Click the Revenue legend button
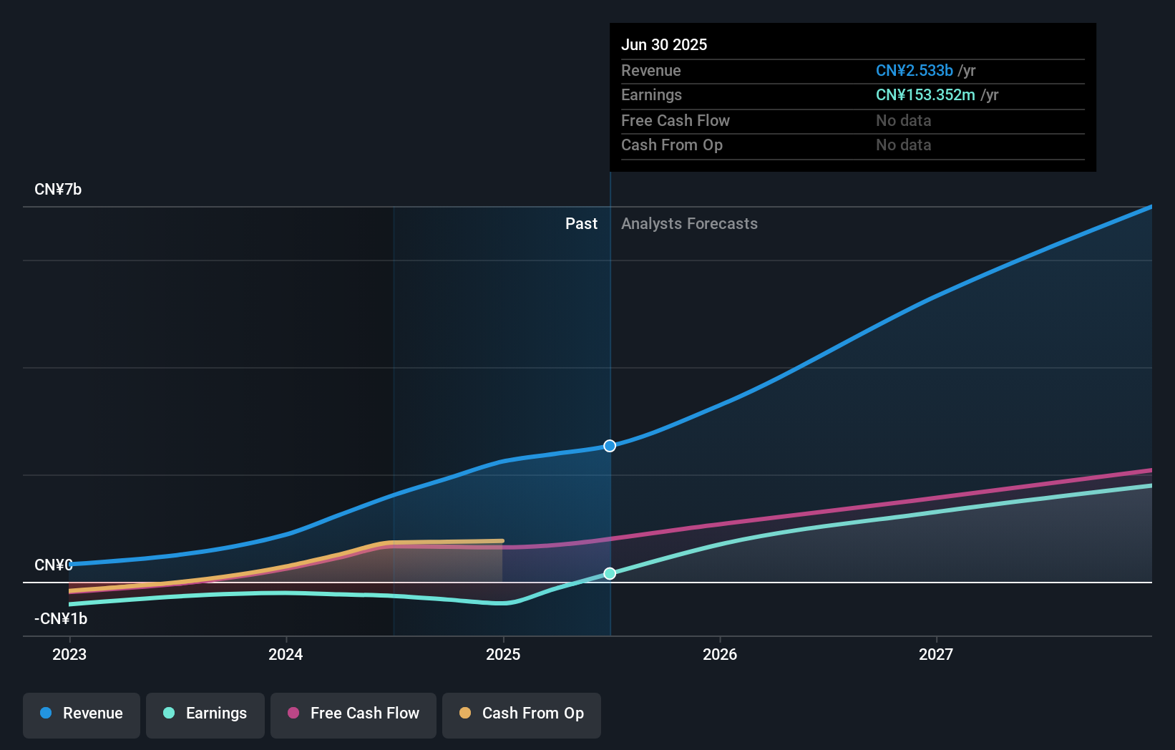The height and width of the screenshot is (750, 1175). coord(82,714)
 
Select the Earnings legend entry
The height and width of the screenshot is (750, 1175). coord(205,714)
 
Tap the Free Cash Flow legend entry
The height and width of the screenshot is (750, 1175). coord(354,714)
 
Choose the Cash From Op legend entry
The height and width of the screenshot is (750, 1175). coord(522,714)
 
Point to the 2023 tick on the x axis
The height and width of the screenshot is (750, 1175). coord(69,654)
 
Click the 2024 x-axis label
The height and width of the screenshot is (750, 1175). coord(286,654)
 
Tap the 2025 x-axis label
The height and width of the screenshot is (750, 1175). coord(503,654)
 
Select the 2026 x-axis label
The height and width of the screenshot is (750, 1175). coord(720,654)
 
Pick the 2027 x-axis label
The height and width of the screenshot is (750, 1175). coord(936,654)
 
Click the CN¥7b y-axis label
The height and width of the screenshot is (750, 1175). coord(58,190)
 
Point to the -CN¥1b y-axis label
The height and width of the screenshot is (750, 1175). coord(61,618)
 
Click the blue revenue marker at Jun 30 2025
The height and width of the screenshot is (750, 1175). coord(610,446)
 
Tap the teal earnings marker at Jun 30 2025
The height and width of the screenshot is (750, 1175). coord(610,573)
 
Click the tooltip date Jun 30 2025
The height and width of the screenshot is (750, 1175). coord(664,44)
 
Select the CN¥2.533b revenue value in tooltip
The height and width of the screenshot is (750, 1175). coord(914,70)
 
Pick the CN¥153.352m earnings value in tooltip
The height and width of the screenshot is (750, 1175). coord(925,95)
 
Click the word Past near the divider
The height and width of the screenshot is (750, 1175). coord(581,224)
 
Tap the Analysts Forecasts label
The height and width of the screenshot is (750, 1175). coord(689,224)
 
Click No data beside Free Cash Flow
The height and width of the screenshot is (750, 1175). coord(903,120)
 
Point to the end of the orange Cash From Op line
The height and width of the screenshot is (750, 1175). coord(502,541)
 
